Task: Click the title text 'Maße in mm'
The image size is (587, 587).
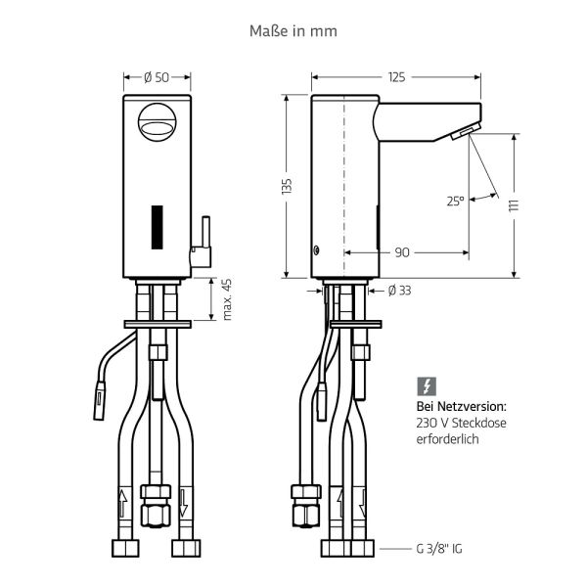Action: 293,31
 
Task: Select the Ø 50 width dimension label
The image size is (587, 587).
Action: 156,77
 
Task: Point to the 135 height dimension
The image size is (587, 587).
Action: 287,187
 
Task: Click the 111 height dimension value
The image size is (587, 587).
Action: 513,204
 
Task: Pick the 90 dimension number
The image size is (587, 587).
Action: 402,252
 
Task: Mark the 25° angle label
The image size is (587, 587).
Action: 455,202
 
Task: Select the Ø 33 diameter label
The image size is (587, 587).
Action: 398,290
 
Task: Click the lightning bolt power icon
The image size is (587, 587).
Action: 426,385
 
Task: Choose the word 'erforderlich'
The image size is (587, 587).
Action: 446,441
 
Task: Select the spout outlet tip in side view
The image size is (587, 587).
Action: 466,133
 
